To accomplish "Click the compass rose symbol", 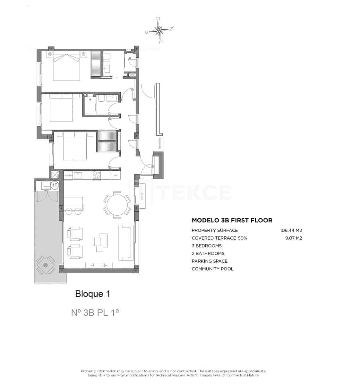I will point(159,30).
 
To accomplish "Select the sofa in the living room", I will point(126,243).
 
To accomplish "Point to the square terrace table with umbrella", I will point(46,265).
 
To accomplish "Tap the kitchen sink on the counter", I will point(78,175).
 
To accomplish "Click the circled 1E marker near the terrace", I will point(55,185).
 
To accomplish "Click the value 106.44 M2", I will point(291,230).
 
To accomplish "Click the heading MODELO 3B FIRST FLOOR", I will point(232,220).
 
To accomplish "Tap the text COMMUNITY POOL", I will point(212,269).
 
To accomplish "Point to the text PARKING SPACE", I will point(210,261).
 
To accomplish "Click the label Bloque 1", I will point(92,294).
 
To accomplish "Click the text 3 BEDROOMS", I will point(207,246).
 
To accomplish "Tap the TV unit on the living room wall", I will point(99,265).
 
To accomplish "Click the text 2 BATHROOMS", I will point(208,253).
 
